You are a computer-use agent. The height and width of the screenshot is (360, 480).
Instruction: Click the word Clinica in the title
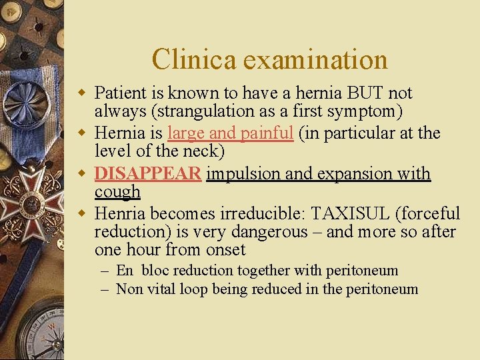[x=194, y=59]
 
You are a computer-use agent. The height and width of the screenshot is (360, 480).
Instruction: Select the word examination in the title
[x=315, y=59]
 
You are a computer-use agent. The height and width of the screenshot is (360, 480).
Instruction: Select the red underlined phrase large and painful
[x=231, y=133]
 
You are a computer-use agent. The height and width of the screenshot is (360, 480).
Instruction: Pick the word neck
[x=201, y=151]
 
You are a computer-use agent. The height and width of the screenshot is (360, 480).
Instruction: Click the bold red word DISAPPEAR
[x=147, y=173]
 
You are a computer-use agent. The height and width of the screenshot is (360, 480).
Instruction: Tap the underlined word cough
[x=117, y=192]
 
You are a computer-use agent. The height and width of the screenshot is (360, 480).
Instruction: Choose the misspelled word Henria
[x=120, y=213]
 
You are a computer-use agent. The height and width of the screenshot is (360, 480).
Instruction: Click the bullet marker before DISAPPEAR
[x=83, y=174]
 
